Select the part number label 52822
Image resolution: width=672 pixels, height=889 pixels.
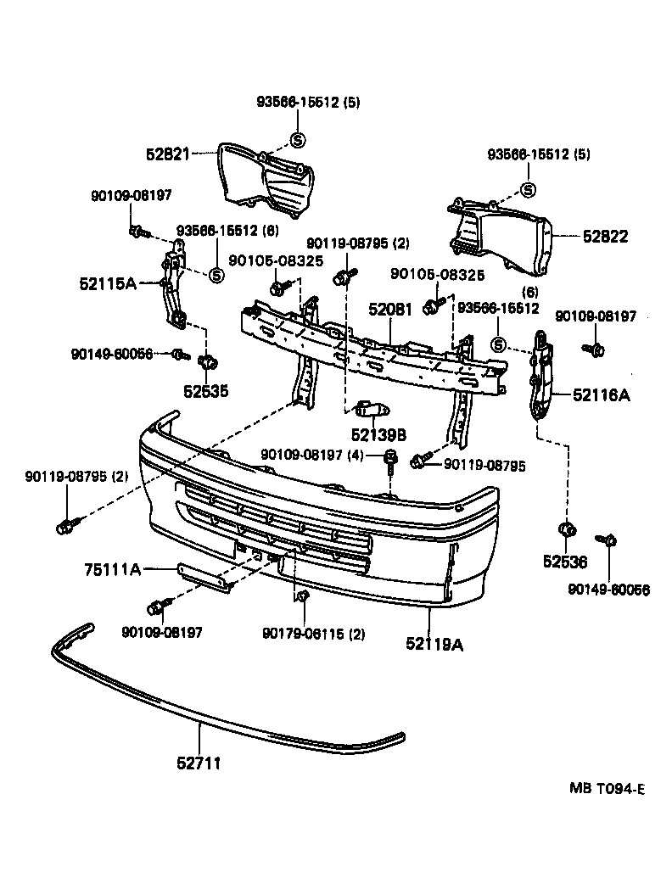(605, 237)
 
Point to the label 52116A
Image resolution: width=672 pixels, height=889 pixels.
(601, 394)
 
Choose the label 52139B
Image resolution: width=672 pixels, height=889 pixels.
(378, 434)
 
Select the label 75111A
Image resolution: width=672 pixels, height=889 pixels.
(112, 569)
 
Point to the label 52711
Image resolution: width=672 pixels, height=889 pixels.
(199, 763)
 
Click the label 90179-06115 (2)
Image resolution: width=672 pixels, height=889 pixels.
(313, 632)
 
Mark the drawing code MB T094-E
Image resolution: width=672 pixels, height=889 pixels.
(607, 788)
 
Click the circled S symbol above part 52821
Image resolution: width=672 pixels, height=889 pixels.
(297, 140)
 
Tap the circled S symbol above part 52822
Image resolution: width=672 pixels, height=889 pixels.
(528, 190)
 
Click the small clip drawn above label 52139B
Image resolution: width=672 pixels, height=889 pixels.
(370, 411)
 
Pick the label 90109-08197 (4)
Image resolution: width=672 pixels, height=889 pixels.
(311, 455)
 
